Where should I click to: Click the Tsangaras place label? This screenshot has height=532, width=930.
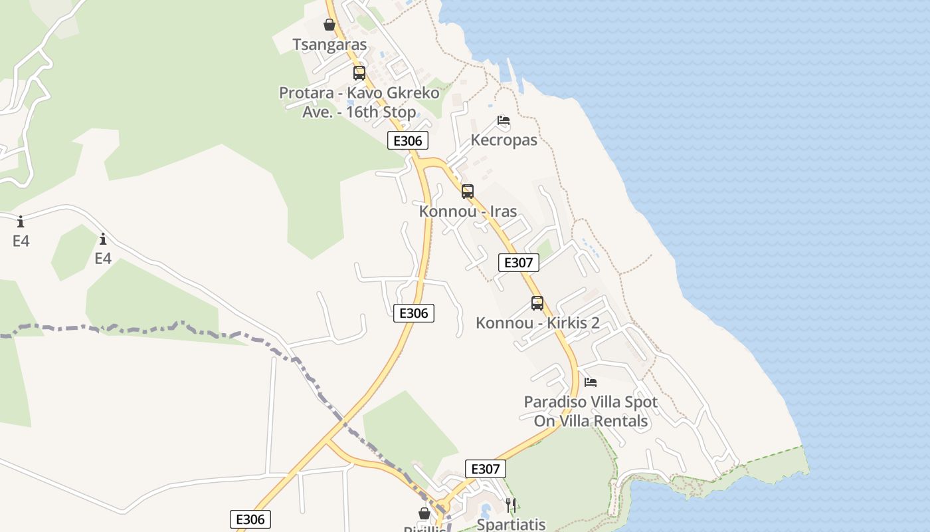[x=329, y=45]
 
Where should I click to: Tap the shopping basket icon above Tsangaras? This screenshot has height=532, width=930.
[x=329, y=25]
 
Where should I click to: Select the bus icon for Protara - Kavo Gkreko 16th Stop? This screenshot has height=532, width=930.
[x=359, y=73]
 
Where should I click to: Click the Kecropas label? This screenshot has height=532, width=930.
[x=504, y=140]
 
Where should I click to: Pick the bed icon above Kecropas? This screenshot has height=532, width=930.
[x=504, y=120]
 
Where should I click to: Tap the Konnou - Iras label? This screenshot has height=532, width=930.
[x=468, y=211]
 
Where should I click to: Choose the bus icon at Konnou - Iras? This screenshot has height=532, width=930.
[x=468, y=192]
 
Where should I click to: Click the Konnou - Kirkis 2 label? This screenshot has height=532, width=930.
[x=537, y=323]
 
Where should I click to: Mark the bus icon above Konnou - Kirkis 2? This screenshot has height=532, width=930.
[x=537, y=303]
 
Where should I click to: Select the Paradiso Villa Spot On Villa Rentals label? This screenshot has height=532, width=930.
[x=591, y=411]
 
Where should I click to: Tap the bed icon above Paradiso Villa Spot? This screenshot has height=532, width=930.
[x=591, y=382]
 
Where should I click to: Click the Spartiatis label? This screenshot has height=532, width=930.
[x=511, y=524]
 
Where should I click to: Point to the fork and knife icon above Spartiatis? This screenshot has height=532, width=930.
[x=511, y=505]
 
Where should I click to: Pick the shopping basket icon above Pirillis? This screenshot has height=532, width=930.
[x=424, y=514]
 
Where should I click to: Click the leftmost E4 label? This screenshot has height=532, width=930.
[x=21, y=241]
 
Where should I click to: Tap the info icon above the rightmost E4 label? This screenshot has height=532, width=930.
[x=103, y=239]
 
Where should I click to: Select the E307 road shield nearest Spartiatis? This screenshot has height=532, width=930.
[x=485, y=469]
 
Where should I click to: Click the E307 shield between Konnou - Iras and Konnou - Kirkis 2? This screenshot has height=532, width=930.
[x=518, y=263]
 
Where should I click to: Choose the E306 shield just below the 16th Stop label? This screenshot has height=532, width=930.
[x=408, y=140]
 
